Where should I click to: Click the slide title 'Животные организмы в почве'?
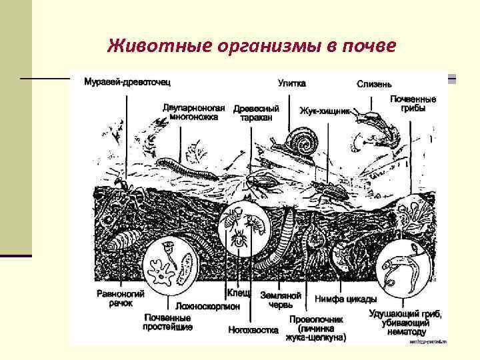coord(252,46)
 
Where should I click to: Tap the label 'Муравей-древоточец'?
coord(127,83)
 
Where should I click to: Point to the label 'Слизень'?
coord(374,84)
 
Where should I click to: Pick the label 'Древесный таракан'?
coord(256,113)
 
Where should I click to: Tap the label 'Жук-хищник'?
coord(324,111)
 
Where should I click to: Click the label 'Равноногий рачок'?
coord(112,298)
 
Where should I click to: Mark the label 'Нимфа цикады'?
coord(345,299)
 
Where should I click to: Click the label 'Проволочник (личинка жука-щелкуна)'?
coord(317,328)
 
